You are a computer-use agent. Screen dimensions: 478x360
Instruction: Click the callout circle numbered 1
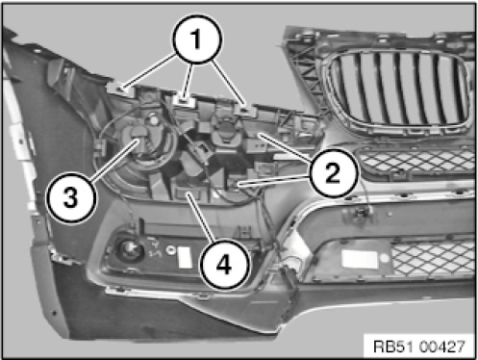pyautogui.click(x=197, y=39)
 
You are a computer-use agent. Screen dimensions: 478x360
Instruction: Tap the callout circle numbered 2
pyautogui.click(x=334, y=173)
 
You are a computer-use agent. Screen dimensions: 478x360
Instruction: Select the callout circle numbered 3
pyautogui.click(x=71, y=197)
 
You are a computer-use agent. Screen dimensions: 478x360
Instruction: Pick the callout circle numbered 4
pyautogui.click(x=224, y=265)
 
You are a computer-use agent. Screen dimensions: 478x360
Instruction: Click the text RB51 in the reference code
pyautogui.click(x=393, y=347)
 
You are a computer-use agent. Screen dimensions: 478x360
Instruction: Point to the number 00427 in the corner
pyautogui.click(x=441, y=347)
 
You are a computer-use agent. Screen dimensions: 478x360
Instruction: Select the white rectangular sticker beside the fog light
pyautogui.click(x=185, y=257)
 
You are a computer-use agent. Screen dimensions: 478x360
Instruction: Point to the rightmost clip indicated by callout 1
pyautogui.click(x=244, y=110)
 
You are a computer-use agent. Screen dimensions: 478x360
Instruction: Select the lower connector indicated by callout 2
pyautogui.click(x=235, y=185)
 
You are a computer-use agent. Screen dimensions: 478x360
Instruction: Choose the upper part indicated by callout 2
pyautogui.click(x=257, y=134)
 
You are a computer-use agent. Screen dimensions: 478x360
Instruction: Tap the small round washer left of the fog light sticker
pyautogui.click(x=170, y=249)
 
